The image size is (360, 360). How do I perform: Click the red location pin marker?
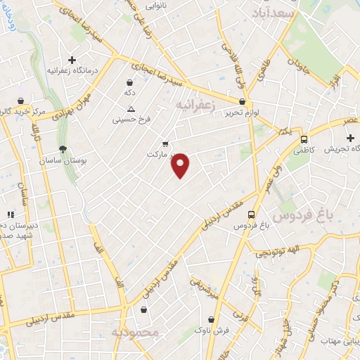coord(181,165)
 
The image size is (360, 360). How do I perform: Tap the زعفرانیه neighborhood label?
coord(193,105)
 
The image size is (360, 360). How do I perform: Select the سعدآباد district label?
coord(274,13)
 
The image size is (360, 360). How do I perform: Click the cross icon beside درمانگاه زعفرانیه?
coord(72,60)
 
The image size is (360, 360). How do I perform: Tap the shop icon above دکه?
coord(129,82)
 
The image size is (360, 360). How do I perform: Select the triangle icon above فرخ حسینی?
coord(131,108)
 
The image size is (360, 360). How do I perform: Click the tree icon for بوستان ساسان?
coord(63,149)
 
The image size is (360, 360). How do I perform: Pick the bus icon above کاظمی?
coord(304,139)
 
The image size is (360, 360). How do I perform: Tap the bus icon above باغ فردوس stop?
coord(252,214)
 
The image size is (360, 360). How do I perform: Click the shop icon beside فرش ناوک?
coord(216,318)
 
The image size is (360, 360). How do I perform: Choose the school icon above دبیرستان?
coord(10,214)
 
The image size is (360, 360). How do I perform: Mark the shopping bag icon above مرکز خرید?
coord(22,101)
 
